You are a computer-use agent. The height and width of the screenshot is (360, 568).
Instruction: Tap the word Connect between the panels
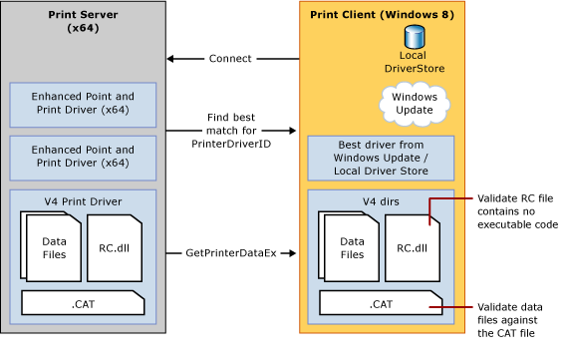229,59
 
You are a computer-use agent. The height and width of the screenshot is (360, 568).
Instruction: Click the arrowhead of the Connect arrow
170,59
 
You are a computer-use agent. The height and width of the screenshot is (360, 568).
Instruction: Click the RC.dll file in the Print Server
119,247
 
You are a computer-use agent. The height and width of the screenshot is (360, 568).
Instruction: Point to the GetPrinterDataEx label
229,253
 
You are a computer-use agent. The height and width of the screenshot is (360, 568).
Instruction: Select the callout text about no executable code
516,210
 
